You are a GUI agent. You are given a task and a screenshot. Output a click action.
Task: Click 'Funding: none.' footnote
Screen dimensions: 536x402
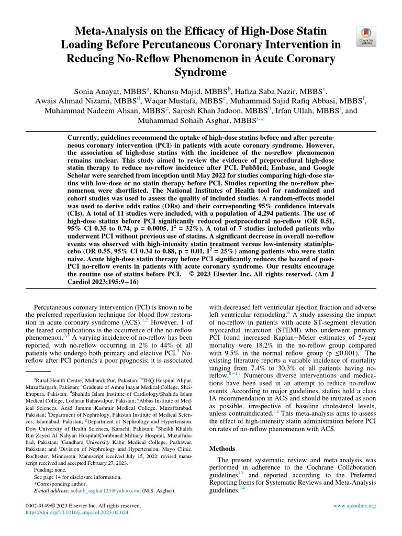click(x=51, y=471)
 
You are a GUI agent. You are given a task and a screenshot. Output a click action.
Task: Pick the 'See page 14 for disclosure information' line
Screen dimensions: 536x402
click(x=79, y=477)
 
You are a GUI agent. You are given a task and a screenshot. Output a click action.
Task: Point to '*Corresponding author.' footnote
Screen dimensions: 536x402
click(x=59, y=484)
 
